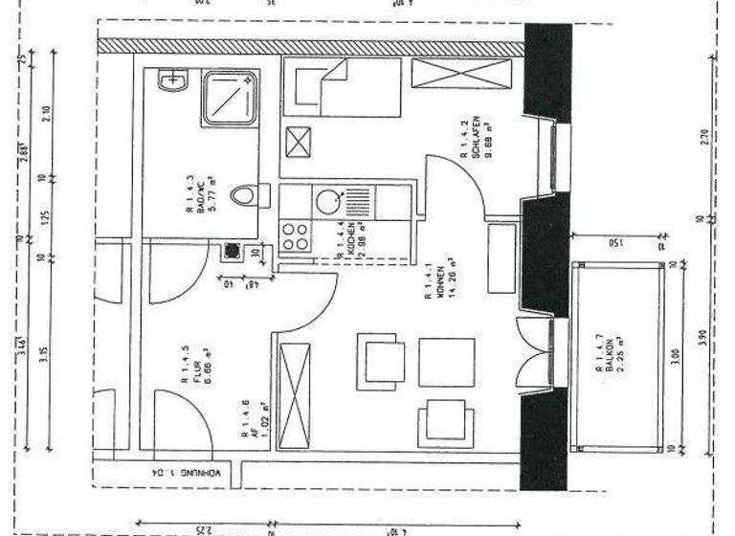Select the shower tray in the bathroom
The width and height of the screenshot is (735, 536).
230,96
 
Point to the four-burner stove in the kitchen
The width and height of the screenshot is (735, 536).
295,235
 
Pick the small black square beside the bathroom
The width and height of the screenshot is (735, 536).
230,254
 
